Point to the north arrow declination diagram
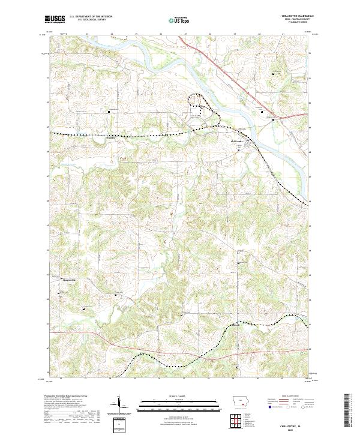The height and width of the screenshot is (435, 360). pos(122,403)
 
